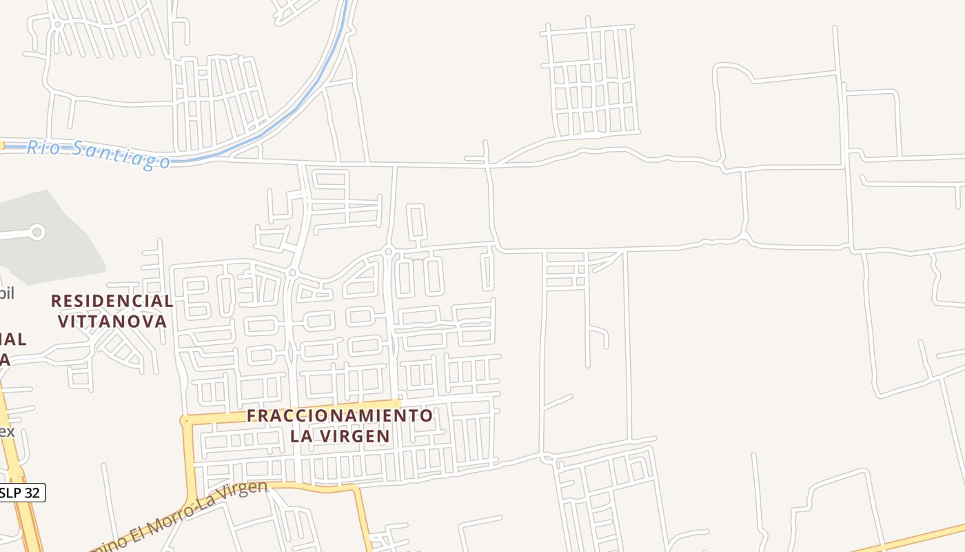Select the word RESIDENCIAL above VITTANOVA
point(112,301)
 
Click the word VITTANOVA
point(112,322)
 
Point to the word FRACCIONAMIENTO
point(340,415)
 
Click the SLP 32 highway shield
point(21,493)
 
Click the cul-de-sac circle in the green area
point(37,233)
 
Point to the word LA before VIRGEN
point(301,436)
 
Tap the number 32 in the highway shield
point(32,493)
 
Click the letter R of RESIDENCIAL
point(57,301)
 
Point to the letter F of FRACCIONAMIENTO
point(252,415)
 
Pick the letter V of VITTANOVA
point(63,322)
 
